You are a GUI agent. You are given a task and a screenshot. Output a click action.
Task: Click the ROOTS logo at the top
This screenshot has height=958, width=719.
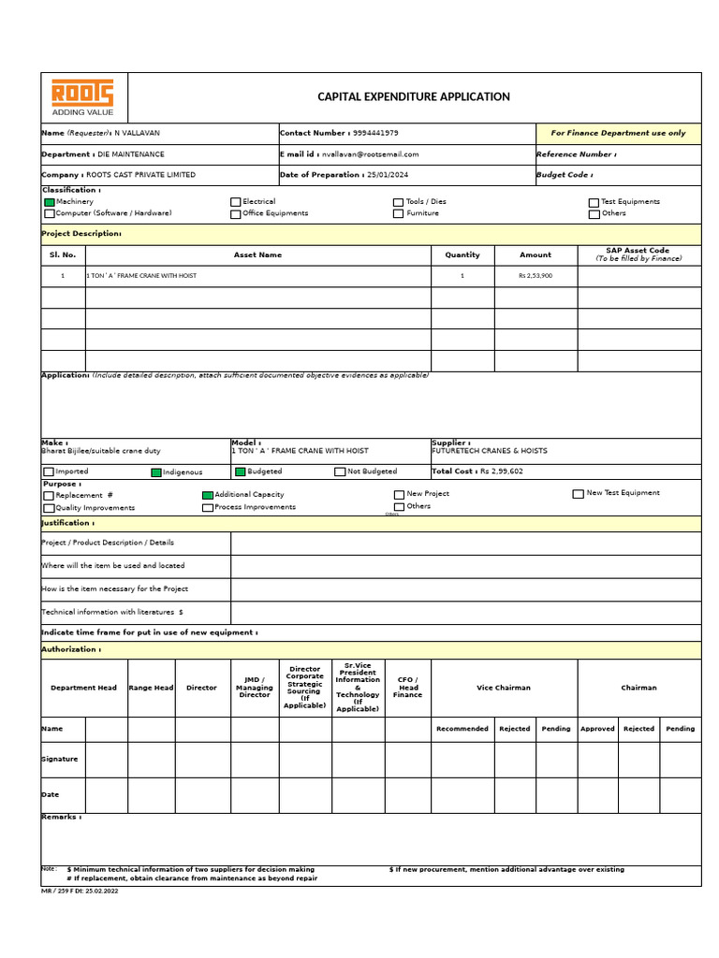[82, 96]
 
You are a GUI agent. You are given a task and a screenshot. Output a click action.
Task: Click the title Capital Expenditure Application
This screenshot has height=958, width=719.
[414, 96]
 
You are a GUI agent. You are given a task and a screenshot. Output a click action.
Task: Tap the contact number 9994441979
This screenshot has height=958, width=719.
[375, 133]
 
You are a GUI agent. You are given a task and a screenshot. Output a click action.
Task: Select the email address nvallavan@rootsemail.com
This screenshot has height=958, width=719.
[370, 154]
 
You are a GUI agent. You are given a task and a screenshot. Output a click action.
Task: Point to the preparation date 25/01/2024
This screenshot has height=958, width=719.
[388, 175]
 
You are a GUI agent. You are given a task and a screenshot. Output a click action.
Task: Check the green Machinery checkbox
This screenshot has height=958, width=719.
[50, 202]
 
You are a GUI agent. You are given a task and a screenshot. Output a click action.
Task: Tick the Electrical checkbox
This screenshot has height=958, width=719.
[236, 202]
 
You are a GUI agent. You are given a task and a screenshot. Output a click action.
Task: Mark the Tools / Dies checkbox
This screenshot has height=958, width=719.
[399, 202]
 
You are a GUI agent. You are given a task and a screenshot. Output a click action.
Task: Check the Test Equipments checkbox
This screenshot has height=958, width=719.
[594, 202]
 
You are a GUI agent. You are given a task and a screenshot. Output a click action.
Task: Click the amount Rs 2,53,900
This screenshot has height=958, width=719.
[536, 276]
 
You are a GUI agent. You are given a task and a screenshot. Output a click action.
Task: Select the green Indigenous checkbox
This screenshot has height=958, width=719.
[156, 472]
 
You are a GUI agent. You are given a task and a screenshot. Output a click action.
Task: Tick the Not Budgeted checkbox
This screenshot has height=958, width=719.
[341, 472]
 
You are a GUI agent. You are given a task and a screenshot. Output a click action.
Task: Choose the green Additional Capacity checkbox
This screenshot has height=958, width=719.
[208, 495]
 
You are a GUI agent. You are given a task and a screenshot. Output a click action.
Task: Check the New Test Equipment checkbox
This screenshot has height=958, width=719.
[578, 494]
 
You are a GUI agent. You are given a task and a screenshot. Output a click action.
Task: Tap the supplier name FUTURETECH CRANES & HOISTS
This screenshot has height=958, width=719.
[490, 451]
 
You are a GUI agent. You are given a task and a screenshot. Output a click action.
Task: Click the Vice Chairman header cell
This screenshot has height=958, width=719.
[503, 688]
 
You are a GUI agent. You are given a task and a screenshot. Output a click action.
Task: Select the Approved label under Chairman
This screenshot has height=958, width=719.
[597, 729]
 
